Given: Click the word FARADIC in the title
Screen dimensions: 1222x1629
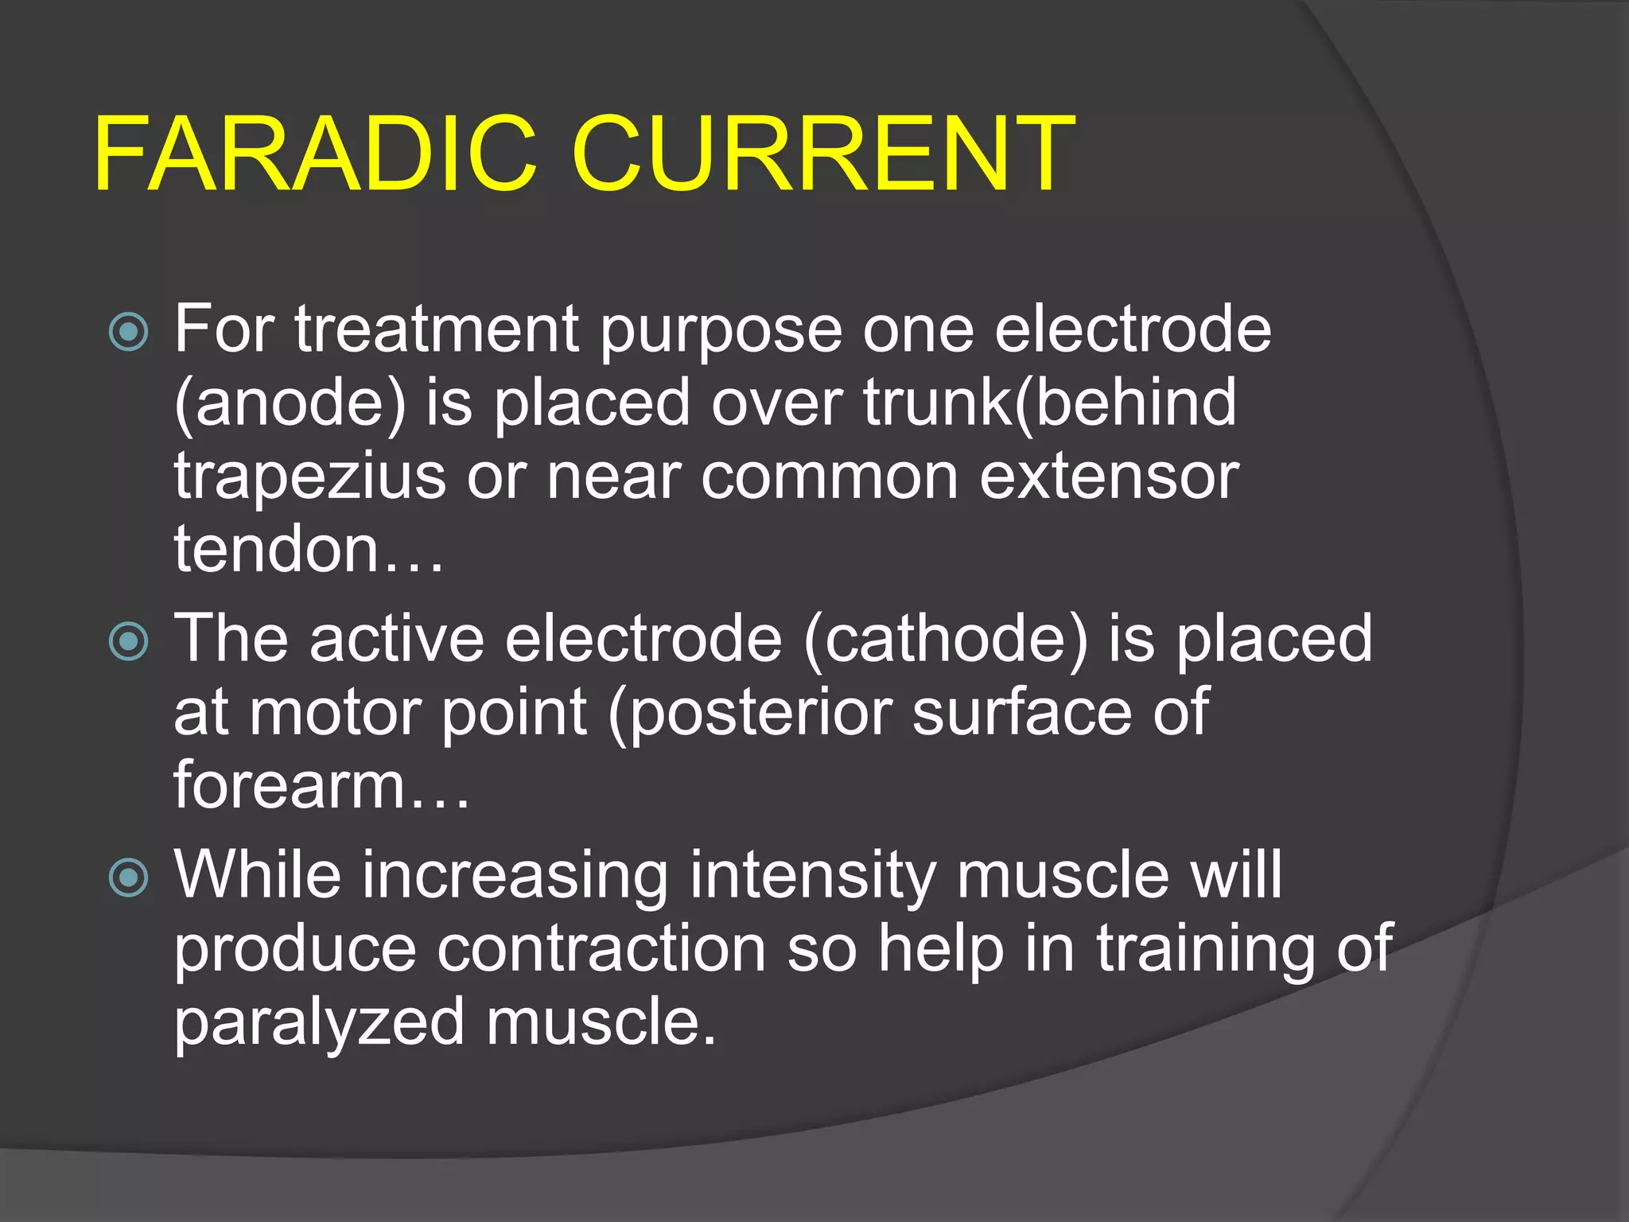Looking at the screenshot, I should coord(314,154).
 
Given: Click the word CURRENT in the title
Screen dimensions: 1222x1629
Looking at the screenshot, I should coord(822,154).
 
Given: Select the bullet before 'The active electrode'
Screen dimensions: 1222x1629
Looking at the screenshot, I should coord(129,641).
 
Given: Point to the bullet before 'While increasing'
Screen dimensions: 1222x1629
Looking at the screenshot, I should coord(129,878).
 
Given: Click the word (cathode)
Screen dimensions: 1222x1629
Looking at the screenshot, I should coord(945,639).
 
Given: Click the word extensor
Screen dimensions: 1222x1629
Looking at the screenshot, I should coord(1109,477).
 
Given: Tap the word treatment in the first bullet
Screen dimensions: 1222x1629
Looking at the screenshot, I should coord(437,329).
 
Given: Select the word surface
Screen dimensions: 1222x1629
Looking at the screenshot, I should coord(1021,712).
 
